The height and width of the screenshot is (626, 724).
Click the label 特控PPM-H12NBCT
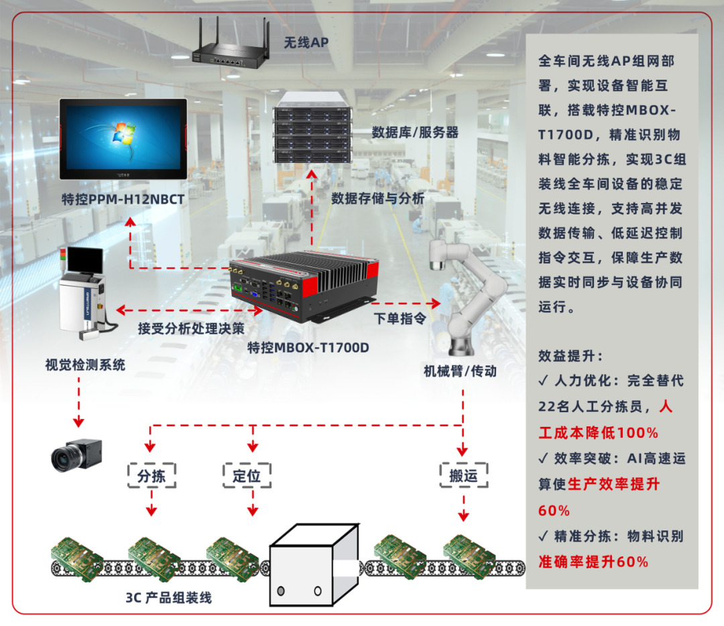coord(123,199)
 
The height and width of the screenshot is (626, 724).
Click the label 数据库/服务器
coord(415,132)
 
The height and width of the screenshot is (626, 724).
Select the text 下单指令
coord(400,318)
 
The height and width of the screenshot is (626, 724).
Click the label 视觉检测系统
coord(85,365)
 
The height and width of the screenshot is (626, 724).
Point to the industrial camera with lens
coord(76,454)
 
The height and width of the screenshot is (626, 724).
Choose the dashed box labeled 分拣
coord(152,476)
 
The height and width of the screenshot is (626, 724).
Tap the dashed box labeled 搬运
coord(463,476)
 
